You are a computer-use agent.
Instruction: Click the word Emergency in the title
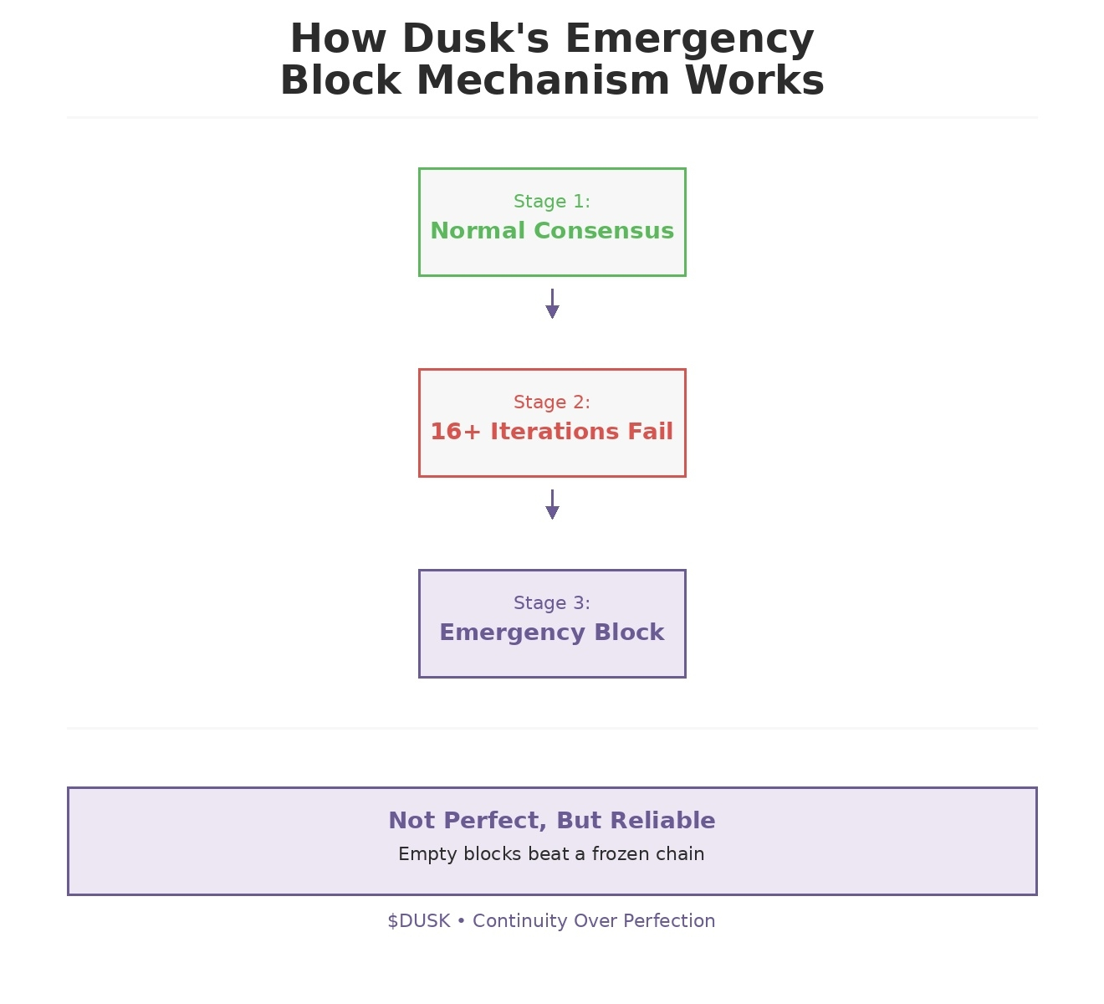click(689, 40)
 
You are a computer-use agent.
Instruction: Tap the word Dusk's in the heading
click(476, 38)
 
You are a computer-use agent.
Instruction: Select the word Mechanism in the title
click(543, 80)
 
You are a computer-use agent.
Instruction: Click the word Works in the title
click(754, 80)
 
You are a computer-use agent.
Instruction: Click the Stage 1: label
click(552, 201)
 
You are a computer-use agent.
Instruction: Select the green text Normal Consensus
click(552, 230)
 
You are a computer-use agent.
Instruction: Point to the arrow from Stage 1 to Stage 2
click(552, 304)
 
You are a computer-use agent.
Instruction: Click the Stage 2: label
click(552, 402)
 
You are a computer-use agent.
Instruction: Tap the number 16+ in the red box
click(455, 431)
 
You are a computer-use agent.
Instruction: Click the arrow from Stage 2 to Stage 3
click(552, 505)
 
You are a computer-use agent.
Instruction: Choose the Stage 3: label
click(552, 602)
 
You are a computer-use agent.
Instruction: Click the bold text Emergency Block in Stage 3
click(552, 633)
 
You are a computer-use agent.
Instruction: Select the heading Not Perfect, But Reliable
click(552, 820)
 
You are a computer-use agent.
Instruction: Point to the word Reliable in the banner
click(662, 820)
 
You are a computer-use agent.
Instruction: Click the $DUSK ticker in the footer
click(419, 921)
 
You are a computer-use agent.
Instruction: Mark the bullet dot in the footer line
click(461, 921)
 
